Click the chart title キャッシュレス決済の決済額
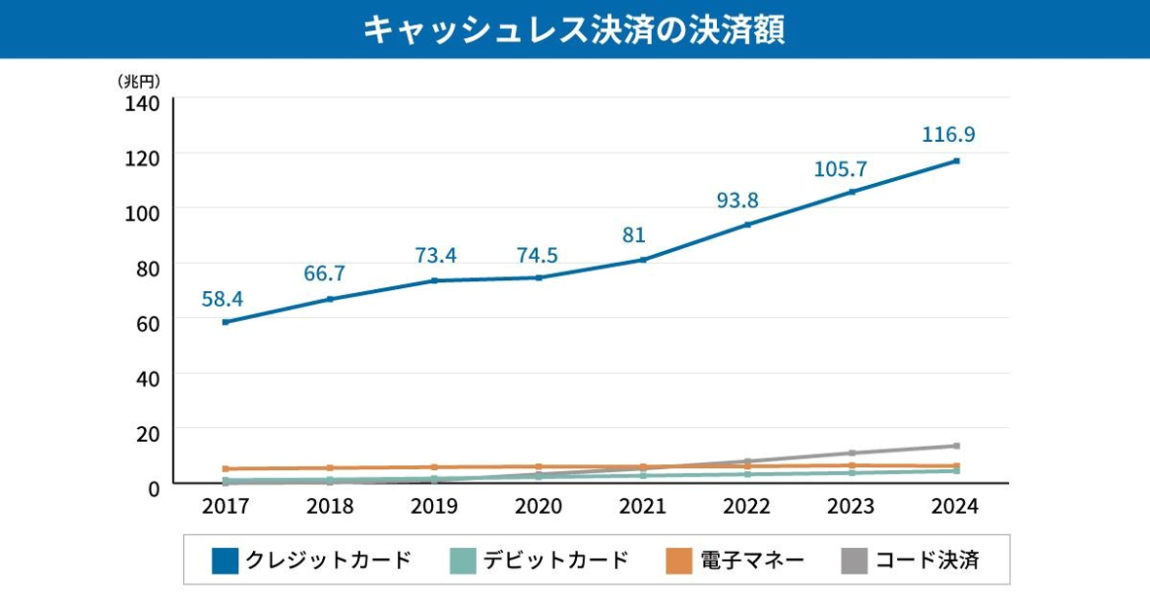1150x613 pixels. click(x=574, y=29)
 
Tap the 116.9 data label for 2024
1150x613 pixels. click(x=948, y=134)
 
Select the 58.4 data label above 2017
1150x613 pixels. click(x=222, y=299)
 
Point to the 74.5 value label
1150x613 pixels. click(x=538, y=255)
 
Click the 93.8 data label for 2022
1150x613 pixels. click(x=737, y=200)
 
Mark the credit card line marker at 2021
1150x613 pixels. click(x=643, y=260)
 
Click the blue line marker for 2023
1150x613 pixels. click(x=852, y=192)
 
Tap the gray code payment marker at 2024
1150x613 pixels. click(x=956, y=446)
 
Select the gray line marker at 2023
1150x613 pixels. click(x=852, y=453)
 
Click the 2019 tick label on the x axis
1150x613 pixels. click(x=434, y=506)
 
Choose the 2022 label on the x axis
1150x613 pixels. click(x=746, y=506)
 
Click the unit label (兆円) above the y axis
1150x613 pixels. click(x=138, y=81)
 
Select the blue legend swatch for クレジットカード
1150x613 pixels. click(x=225, y=560)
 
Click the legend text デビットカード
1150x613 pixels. click(x=556, y=560)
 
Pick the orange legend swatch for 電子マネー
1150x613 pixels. click(x=678, y=560)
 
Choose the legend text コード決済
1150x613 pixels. click(x=926, y=560)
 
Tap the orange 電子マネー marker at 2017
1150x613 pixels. click(x=226, y=469)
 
